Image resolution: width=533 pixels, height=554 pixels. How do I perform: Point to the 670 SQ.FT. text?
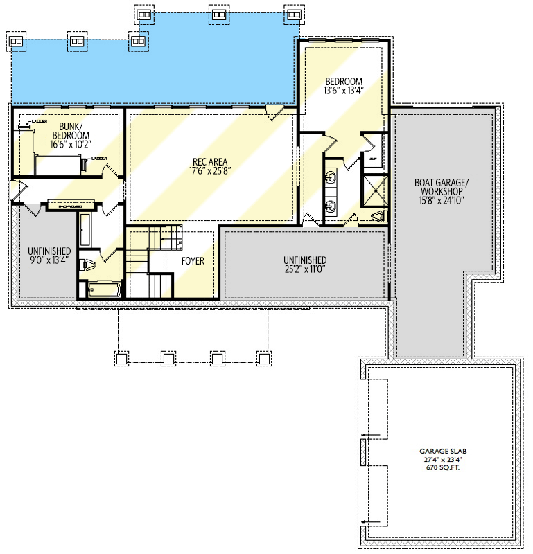(x=444, y=468)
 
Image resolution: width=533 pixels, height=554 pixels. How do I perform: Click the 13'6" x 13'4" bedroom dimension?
(x=344, y=91)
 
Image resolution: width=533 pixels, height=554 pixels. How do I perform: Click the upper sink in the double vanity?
(x=331, y=178)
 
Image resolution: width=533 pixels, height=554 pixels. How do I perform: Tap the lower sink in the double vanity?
(x=331, y=206)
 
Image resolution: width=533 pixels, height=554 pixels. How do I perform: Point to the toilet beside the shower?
(x=378, y=217)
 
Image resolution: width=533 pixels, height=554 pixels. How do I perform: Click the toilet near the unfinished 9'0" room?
(x=87, y=263)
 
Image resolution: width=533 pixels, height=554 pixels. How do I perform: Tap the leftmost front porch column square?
(x=121, y=358)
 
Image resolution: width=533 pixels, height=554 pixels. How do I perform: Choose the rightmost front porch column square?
(x=263, y=358)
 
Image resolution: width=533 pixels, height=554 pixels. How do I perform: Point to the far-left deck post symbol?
(x=17, y=41)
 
